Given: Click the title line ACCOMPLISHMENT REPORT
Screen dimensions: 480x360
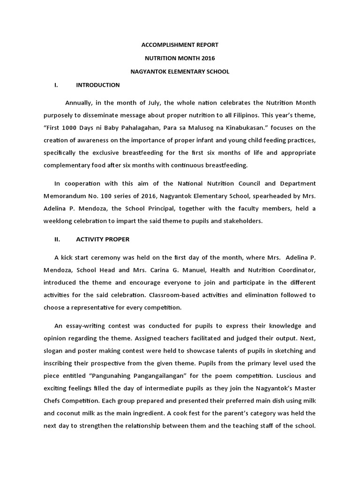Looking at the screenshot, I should click(180, 45).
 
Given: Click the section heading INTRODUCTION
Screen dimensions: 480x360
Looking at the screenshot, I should click(97, 85).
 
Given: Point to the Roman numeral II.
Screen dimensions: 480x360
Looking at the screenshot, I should click(57, 239).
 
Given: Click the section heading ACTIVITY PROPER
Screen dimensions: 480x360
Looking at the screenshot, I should click(103, 239).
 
